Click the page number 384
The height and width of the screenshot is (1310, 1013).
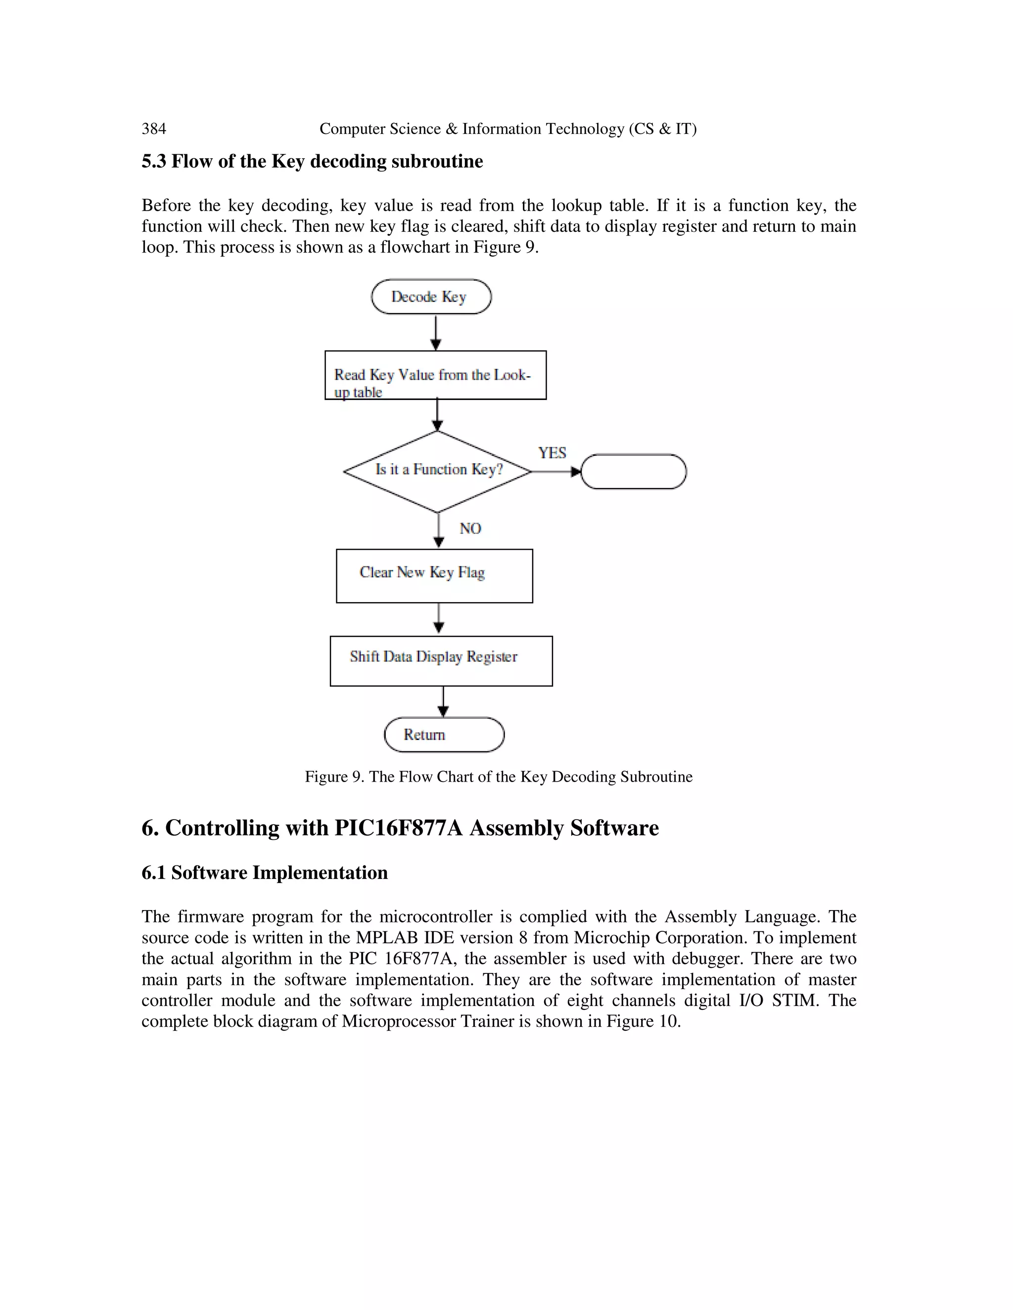[154, 129]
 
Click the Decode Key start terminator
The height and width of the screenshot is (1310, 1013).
[431, 296]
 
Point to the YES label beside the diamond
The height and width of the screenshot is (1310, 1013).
[552, 453]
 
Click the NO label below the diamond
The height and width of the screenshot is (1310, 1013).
[470, 528]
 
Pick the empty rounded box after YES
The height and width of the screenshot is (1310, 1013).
[634, 472]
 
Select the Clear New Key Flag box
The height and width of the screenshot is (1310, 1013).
[434, 576]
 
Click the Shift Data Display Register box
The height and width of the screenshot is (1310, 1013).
[441, 661]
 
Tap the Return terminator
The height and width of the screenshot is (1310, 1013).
[444, 735]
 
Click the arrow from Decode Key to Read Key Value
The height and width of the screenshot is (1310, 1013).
[436, 332]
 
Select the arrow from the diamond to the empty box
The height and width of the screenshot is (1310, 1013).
[555, 472]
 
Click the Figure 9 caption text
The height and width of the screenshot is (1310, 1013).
[498, 777]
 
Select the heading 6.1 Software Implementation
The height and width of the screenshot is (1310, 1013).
[264, 873]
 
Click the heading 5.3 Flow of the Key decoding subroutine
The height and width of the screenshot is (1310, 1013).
[312, 161]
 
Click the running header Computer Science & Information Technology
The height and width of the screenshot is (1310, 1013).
[507, 129]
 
